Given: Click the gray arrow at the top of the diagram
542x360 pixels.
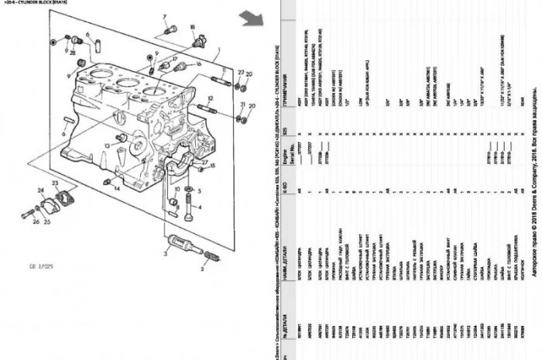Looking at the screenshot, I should coord(249,16).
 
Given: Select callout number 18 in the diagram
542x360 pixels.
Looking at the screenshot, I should coord(192,28).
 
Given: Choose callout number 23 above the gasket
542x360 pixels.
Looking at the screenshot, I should coord(55,183).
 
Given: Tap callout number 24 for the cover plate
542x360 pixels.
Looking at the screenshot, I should coord(40,190).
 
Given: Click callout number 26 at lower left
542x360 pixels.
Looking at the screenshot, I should coord(36,221).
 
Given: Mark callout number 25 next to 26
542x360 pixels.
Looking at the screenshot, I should coord(48,221).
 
